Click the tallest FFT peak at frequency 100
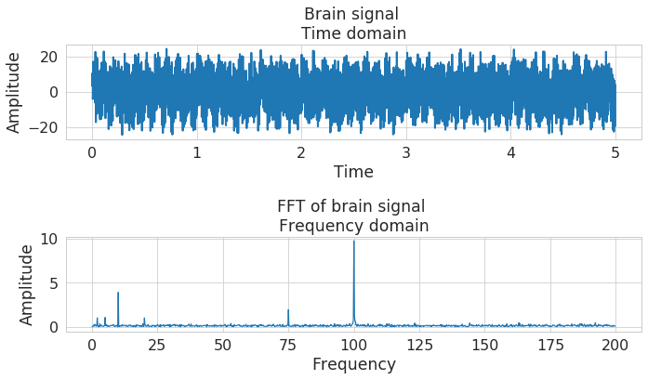(x=353, y=243)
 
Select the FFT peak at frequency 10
(x=118, y=294)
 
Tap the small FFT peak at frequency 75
(x=288, y=310)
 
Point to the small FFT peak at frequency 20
(x=144, y=320)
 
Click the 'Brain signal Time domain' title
(x=352, y=24)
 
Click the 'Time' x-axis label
(x=353, y=172)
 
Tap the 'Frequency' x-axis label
(x=353, y=364)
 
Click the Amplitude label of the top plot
(x=15, y=93)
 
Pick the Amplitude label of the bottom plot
(x=28, y=284)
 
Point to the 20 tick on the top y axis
(x=49, y=57)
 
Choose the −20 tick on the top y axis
(x=43, y=127)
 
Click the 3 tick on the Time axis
(x=405, y=152)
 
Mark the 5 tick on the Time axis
(x=615, y=152)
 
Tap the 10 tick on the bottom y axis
(x=49, y=239)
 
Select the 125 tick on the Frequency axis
(x=419, y=345)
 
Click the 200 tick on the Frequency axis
(x=615, y=345)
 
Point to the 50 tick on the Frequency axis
(x=222, y=345)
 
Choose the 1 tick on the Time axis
(x=196, y=152)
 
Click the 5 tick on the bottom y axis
(x=54, y=282)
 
